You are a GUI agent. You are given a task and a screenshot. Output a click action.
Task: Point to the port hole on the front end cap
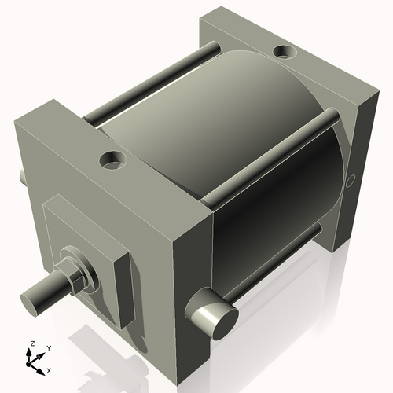click(x=113, y=160)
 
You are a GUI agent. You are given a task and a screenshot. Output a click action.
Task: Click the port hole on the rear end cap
click(x=282, y=53)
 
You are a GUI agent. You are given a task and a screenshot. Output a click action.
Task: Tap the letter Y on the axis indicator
click(x=48, y=347)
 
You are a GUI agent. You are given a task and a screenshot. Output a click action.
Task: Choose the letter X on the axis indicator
click(x=50, y=369)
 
